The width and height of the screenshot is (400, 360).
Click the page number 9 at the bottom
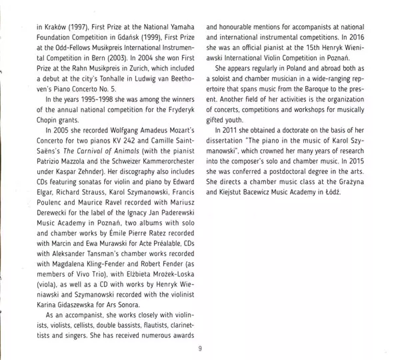(x=199, y=348)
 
